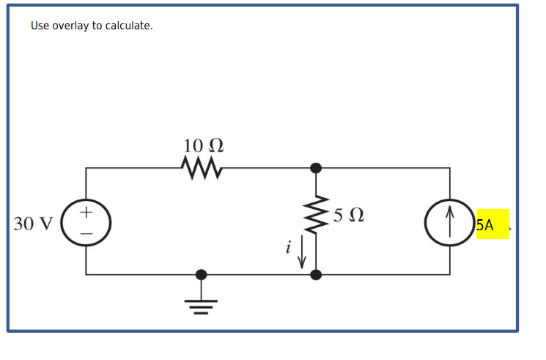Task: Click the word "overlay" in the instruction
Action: tap(72, 26)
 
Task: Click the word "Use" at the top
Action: tap(40, 26)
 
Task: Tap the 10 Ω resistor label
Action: tap(203, 145)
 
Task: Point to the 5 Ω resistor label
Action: tap(347, 216)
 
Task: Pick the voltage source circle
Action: tap(86, 223)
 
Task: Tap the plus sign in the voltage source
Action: tap(86, 213)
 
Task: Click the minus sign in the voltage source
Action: tap(86, 234)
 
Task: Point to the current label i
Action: tap(289, 249)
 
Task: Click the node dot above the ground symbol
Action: tap(201, 275)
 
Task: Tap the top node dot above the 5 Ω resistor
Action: tap(316, 168)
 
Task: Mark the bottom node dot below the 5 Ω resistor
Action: tap(316, 275)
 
